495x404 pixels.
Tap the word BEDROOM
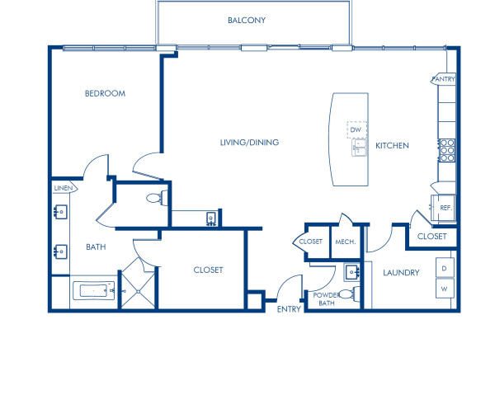[105, 94]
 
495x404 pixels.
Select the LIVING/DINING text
[249, 143]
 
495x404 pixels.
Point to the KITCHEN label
[392, 146]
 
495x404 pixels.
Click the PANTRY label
[444, 79]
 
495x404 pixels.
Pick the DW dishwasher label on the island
[356, 130]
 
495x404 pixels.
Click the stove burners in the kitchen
[446, 150]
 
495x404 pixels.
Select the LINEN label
[64, 189]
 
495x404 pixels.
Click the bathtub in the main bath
[91, 291]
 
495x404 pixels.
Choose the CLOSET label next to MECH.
[310, 242]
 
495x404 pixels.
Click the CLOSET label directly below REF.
[431, 237]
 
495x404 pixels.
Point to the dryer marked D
[445, 269]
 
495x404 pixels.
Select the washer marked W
[445, 290]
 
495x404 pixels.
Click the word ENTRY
[289, 309]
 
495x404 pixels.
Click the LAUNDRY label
[402, 273]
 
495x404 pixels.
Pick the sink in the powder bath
[352, 271]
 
